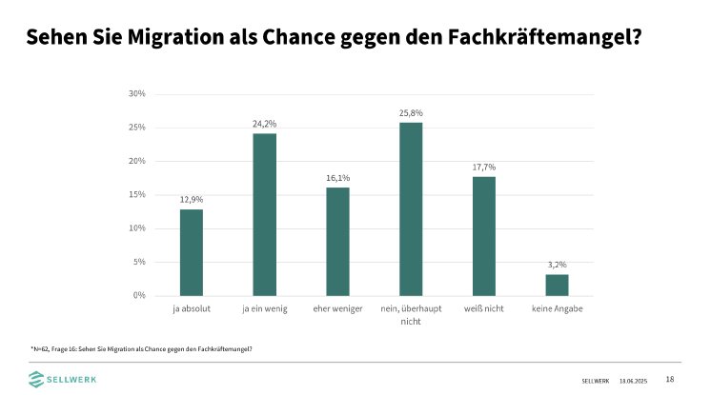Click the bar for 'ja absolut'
point(192,252)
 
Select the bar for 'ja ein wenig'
point(264,214)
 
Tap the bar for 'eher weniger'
point(337,241)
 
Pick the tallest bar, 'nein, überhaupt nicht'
point(411,208)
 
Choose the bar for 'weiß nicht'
point(484,236)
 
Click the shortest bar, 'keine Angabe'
point(557,285)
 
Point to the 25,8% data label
point(411,113)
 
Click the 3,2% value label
point(557,266)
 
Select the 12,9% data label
point(192,200)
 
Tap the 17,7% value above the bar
point(484,168)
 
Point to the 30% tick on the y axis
point(136,93)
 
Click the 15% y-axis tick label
point(136,194)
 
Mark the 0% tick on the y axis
point(138,295)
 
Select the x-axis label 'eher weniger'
point(337,310)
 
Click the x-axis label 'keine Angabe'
point(557,310)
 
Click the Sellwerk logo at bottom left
point(62,379)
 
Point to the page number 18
point(669,379)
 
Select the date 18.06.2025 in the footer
point(632,380)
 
